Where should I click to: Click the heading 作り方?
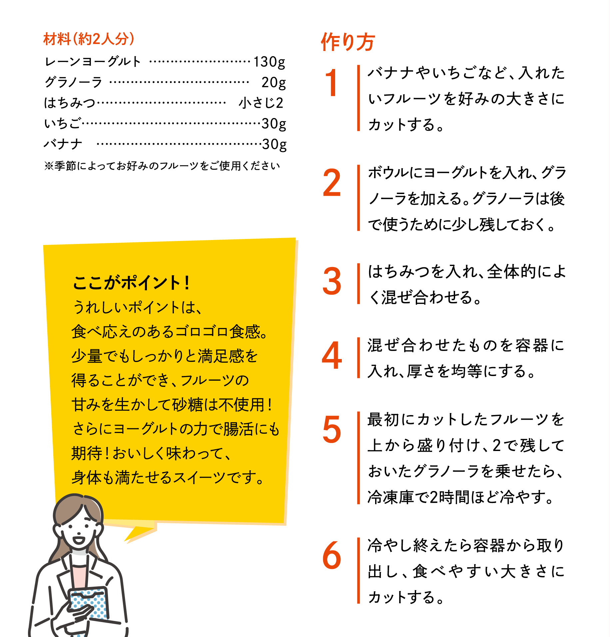[348, 42]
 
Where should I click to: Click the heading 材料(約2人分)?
[89, 39]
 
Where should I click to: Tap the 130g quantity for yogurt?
[269, 62]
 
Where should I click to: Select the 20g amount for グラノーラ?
[274, 82]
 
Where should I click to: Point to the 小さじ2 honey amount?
[261, 103]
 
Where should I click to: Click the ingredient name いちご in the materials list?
[63, 124]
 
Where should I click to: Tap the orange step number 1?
[331, 83]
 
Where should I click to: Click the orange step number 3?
[332, 282]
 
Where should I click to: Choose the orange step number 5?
[332, 430]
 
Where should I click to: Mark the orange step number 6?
[332, 555]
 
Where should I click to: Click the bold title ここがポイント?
[131, 283]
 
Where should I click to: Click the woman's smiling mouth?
[79, 539]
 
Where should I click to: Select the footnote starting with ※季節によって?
[162, 166]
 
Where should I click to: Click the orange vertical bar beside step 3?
[358, 284]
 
